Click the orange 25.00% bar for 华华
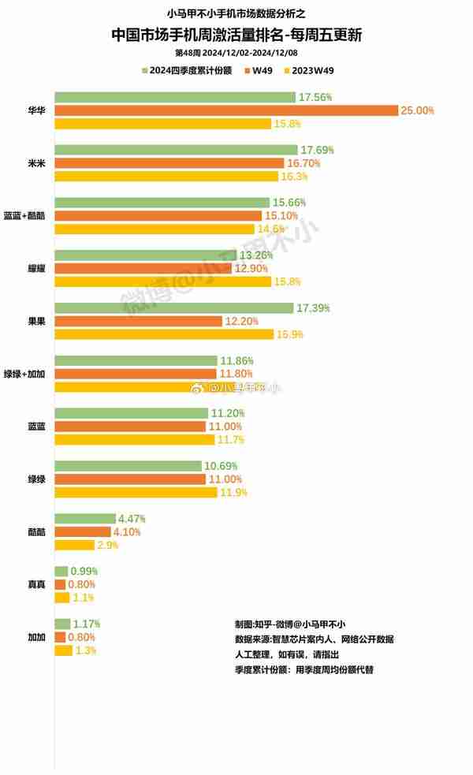pos(226,110)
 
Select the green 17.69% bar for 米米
pos(176,150)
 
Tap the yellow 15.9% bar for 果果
pos(163,334)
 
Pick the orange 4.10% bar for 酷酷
pos(83,532)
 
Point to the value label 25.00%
pos(417,110)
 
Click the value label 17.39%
pos(314,307)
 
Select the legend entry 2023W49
pos(312,70)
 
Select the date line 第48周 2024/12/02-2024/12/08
pos(236,53)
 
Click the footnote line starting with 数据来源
pos(314,639)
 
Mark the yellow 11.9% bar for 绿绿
pos(136,493)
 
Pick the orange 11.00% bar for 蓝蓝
pos(130,427)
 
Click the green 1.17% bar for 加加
pos(61,624)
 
